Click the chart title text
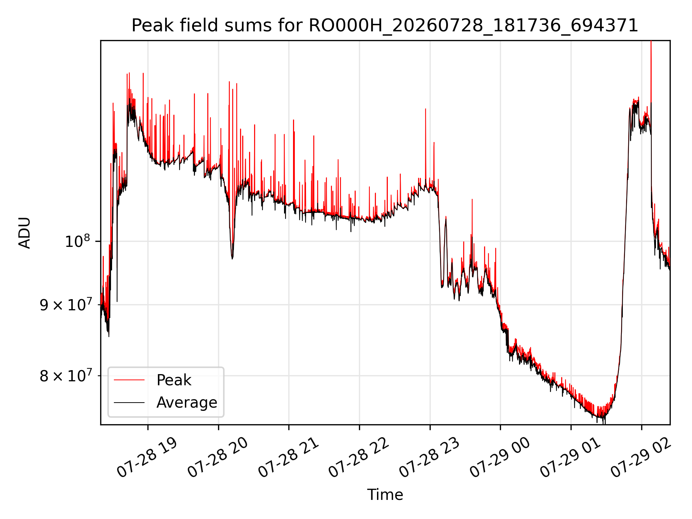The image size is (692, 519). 385,26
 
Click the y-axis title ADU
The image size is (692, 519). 25,233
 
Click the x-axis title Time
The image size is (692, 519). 385,495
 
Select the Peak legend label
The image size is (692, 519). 174,380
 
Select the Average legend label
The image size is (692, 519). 187,403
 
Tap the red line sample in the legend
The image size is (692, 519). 129,380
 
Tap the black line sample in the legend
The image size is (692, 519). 129,402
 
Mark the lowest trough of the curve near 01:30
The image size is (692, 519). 604,424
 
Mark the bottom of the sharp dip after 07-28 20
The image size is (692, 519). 232,258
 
